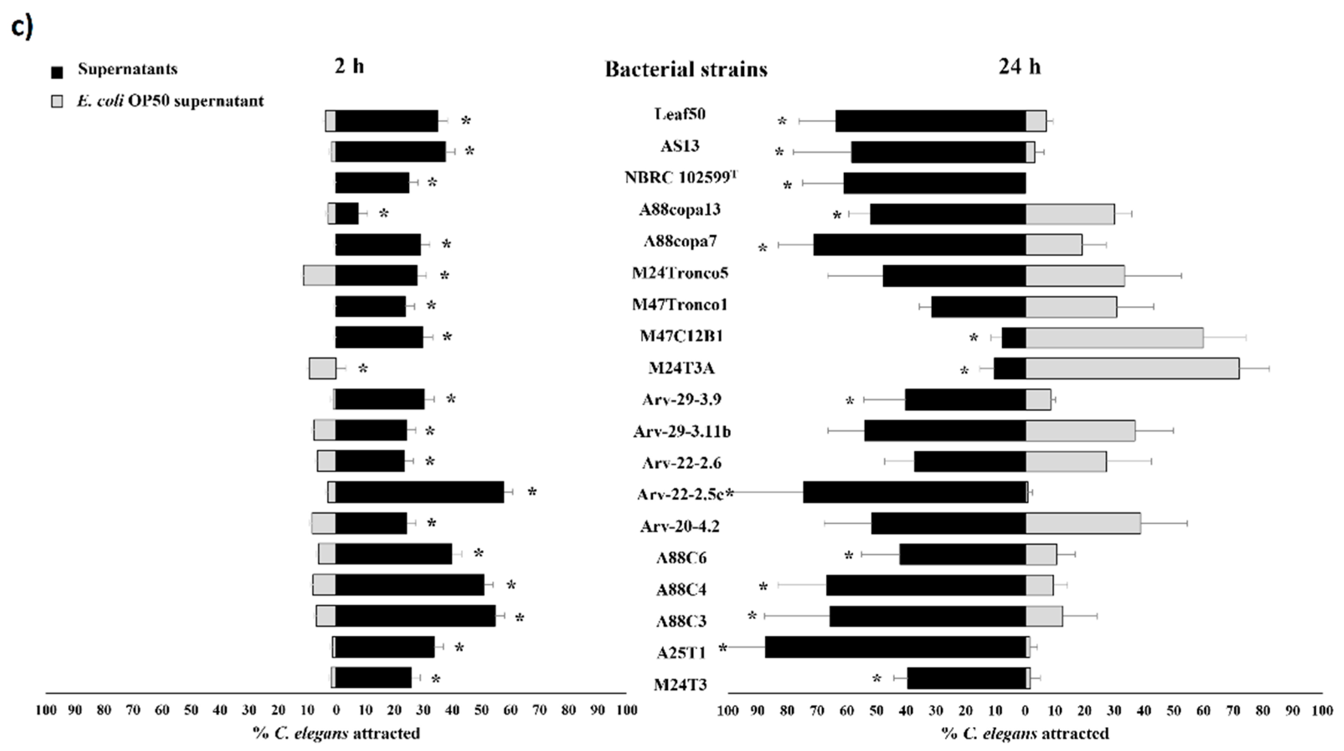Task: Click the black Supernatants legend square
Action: click(57, 72)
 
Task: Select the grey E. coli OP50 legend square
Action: click(57, 101)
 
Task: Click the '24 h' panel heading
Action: click(1019, 67)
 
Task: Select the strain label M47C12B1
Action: click(681, 336)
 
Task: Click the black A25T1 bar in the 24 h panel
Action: click(895, 647)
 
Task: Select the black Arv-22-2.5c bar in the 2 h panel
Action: click(419, 492)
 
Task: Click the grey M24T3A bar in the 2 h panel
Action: click(322, 368)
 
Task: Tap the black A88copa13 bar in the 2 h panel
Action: click(347, 214)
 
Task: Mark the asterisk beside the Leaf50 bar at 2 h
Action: click(466, 121)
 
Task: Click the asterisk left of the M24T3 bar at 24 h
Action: click(876, 679)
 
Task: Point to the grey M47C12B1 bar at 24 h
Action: click(1115, 338)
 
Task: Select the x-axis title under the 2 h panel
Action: click(337, 734)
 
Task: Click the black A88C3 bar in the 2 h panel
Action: click(415, 616)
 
